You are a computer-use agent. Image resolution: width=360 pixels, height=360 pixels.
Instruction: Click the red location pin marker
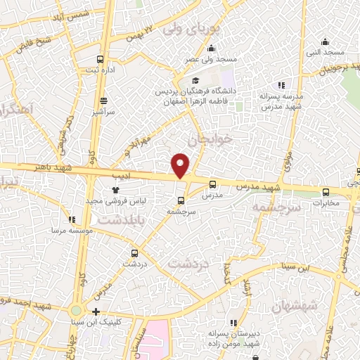pyautogui.click(x=181, y=165)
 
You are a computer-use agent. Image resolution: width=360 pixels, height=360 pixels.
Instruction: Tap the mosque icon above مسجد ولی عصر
pyautogui.click(x=211, y=49)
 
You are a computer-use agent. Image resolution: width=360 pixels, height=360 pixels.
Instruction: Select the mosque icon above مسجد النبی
pyautogui.click(x=325, y=41)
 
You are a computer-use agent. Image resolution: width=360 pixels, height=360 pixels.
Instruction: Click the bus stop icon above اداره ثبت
pyautogui.click(x=100, y=59)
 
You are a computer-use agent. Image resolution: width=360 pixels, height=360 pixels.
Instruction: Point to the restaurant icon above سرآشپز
pyautogui.click(x=104, y=101)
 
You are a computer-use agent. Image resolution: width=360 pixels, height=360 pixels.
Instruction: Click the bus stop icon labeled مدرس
pyautogui.click(x=212, y=184)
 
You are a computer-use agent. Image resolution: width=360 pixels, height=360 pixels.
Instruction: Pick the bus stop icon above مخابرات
pyautogui.click(x=325, y=191)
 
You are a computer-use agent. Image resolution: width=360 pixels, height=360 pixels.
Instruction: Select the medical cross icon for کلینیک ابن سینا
pyautogui.click(x=96, y=311)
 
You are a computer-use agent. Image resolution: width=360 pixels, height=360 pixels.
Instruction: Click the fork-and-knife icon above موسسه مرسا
pyautogui.click(x=72, y=219)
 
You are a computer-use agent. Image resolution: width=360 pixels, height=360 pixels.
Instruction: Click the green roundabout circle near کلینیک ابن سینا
pyautogui.click(x=75, y=310)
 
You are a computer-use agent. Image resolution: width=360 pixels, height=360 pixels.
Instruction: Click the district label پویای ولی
pyautogui.click(x=191, y=30)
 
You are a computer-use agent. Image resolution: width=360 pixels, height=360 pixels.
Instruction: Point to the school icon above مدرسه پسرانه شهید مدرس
pyautogui.click(x=281, y=85)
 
